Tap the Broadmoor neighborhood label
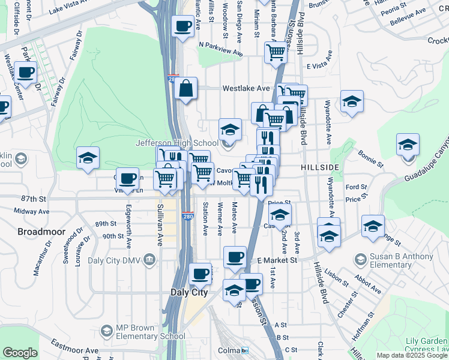[38, 231]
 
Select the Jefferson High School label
[176, 143]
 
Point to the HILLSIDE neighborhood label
[321, 166]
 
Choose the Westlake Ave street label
[246, 88]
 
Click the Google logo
[20, 353]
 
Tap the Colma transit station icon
[245, 350]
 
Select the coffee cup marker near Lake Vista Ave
[182, 26]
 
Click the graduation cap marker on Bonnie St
[408, 145]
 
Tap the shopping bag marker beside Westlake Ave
[186, 88]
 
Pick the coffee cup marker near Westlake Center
[25, 73]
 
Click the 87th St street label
[34, 198]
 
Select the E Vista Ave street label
[324, 67]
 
